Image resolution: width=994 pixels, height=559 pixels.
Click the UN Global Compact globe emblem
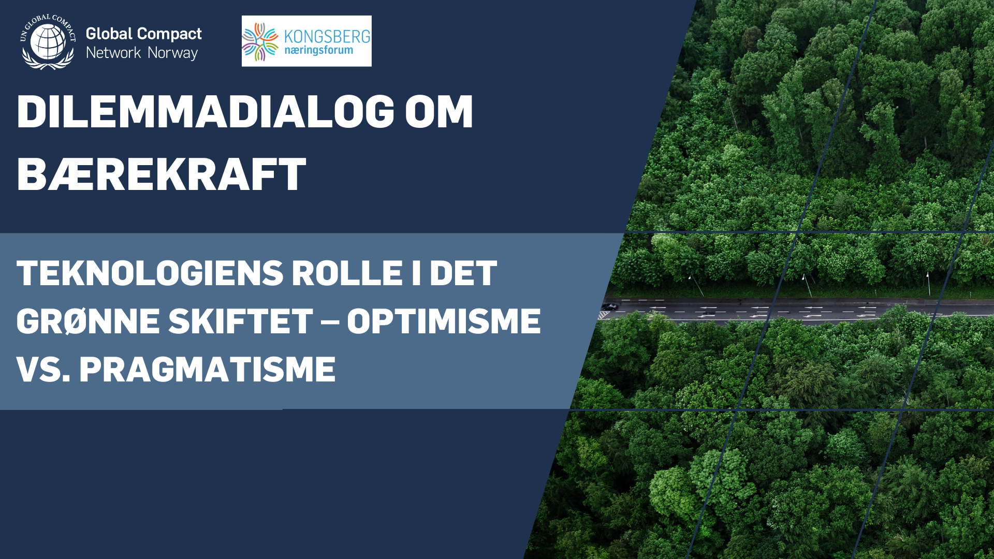pos(48,41)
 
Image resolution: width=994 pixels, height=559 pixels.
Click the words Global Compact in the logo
pos(143,34)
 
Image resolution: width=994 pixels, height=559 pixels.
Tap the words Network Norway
pos(142,53)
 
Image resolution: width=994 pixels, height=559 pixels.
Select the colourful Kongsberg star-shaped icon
pos(260,41)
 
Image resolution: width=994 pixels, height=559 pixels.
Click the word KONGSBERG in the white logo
pos(327,37)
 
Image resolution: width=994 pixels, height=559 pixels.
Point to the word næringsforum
pos(318,51)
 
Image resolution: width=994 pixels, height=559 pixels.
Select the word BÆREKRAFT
pos(162,174)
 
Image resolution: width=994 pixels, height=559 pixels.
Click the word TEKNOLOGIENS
pos(150,273)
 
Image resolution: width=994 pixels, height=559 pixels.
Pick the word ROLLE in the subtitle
pos(347,273)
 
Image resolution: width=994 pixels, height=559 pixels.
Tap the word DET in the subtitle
pos(463,273)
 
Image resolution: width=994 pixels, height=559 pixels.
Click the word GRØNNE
pos(88,321)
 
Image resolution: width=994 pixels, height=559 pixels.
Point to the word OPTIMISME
pos(444,321)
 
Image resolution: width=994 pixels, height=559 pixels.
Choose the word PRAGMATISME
pos(207,370)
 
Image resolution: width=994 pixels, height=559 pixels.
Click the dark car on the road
pos(610,306)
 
